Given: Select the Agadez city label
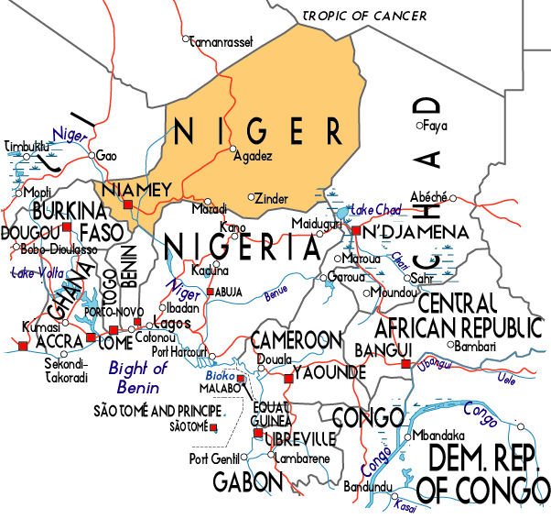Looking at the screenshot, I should coord(254,156).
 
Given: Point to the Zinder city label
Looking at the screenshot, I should coord(274,198).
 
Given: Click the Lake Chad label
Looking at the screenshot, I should coord(376,209).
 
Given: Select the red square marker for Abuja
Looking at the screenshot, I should coord(211,292).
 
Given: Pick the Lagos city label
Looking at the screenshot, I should coord(172,324).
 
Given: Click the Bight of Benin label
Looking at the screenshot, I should coord(138,376).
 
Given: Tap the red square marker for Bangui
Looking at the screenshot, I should coord(405,365).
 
